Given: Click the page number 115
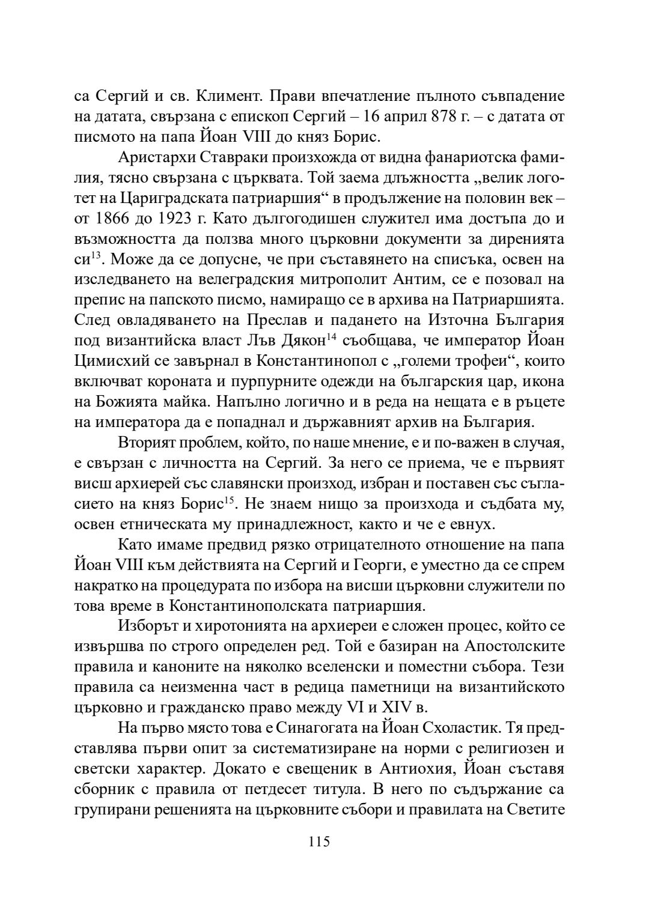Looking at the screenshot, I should tap(319, 842).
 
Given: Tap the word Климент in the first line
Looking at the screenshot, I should tap(228, 96).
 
